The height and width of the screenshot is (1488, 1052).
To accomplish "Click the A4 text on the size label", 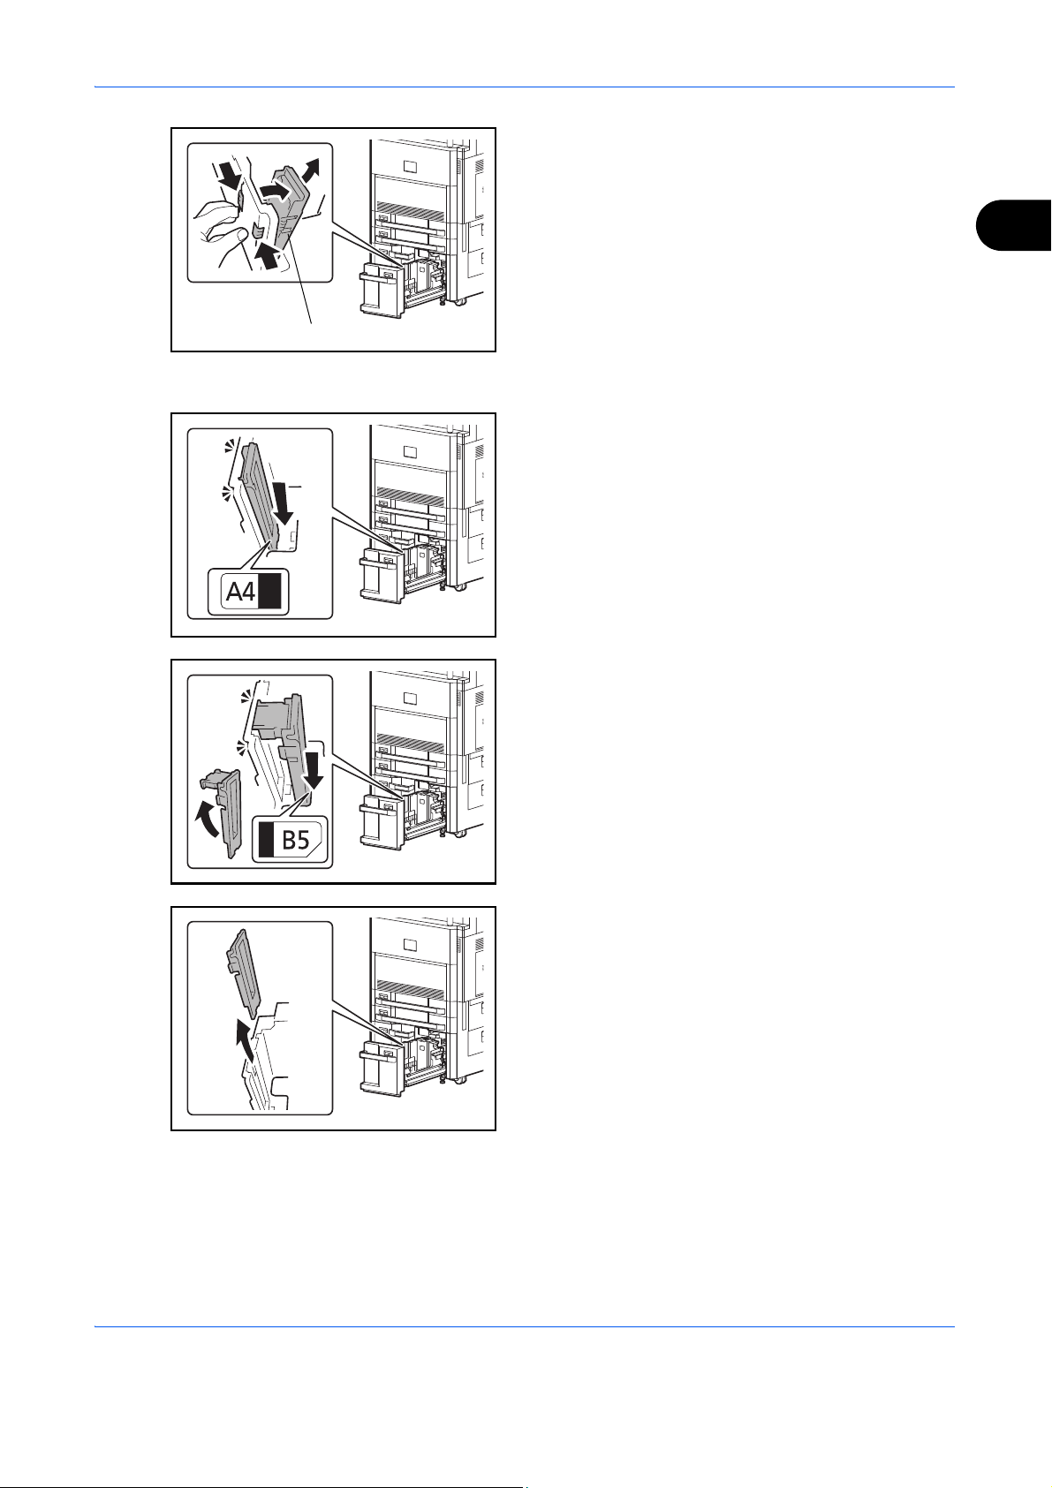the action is (240, 591).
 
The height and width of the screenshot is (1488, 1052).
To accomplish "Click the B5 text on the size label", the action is (296, 841).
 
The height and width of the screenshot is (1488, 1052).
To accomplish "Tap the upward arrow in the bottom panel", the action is (243, 1041).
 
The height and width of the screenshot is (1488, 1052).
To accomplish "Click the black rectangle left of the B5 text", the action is (267, 841).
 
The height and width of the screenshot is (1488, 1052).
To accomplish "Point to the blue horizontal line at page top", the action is (525, 87).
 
